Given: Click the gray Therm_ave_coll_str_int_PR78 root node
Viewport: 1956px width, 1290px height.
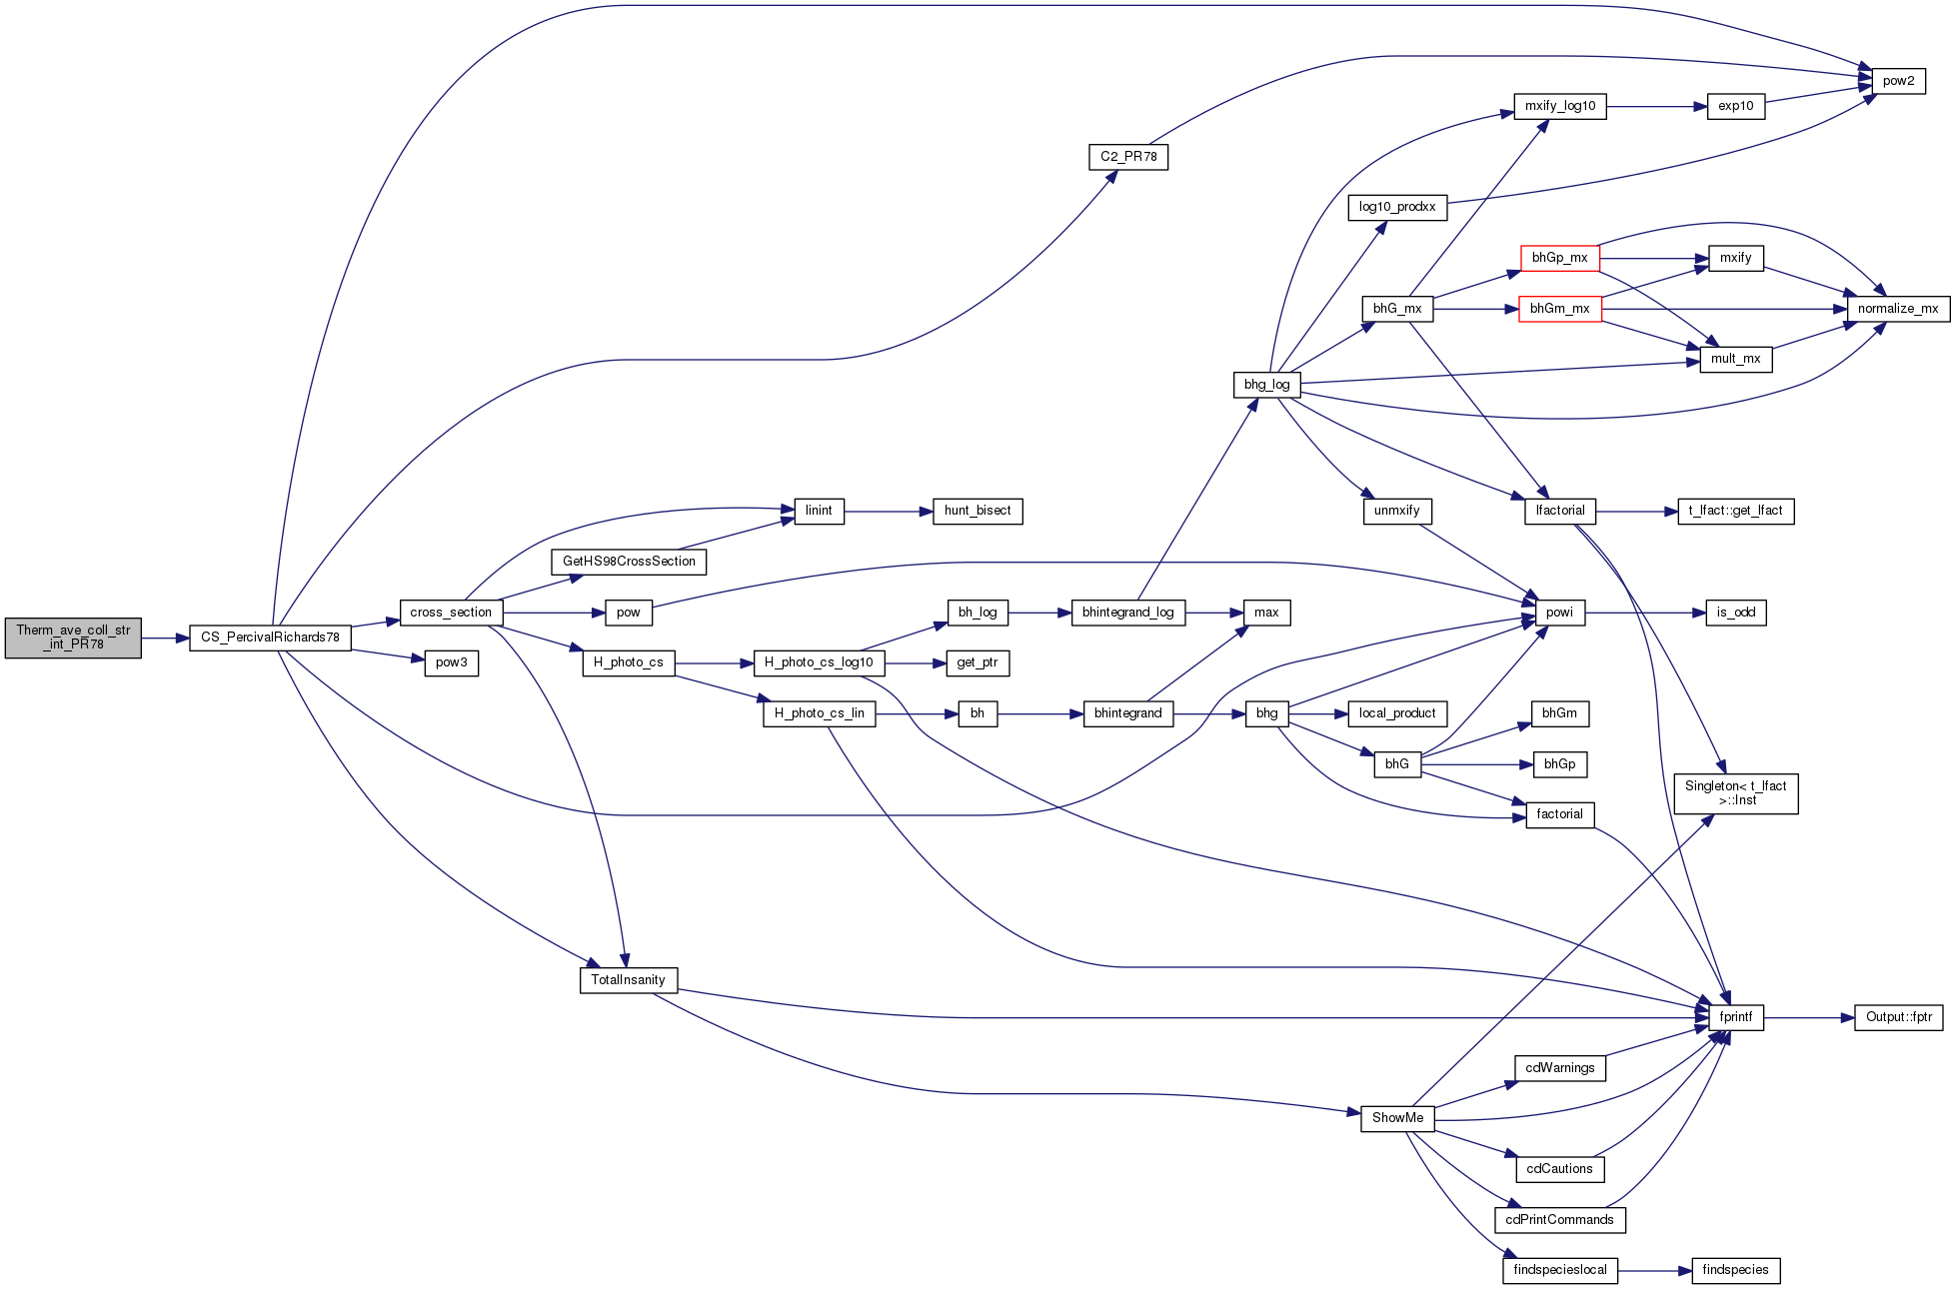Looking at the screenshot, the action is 73,638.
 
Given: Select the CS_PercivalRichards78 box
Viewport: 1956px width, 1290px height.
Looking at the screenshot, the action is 270,638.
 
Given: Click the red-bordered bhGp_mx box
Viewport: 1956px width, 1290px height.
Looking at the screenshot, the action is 1559,258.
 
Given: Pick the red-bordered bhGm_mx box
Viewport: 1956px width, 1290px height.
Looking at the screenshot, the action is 1559,309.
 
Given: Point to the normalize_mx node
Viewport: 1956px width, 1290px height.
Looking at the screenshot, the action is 1897,309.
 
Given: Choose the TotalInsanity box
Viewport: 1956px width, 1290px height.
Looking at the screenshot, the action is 628,980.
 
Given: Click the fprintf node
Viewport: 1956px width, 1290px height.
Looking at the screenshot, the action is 1735,1017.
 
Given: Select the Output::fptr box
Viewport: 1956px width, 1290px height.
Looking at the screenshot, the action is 1898,1017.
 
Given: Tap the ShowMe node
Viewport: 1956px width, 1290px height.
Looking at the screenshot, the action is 1397,1118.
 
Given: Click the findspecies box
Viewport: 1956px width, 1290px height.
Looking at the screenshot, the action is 1735,1270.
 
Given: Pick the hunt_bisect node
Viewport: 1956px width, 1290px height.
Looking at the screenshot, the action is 978,511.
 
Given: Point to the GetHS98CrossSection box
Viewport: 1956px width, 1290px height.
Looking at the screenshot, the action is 629,562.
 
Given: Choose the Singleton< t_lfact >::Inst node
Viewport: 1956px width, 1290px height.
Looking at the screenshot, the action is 1735,793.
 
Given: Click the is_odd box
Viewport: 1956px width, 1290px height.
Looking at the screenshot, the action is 1735,613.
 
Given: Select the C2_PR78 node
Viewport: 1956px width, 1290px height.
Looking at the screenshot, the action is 1128,157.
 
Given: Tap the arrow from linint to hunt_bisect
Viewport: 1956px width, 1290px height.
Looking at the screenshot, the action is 889,512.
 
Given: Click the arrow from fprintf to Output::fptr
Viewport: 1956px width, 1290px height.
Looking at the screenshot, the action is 1809,1018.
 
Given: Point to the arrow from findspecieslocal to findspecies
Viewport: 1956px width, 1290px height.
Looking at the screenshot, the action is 1654,1271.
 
